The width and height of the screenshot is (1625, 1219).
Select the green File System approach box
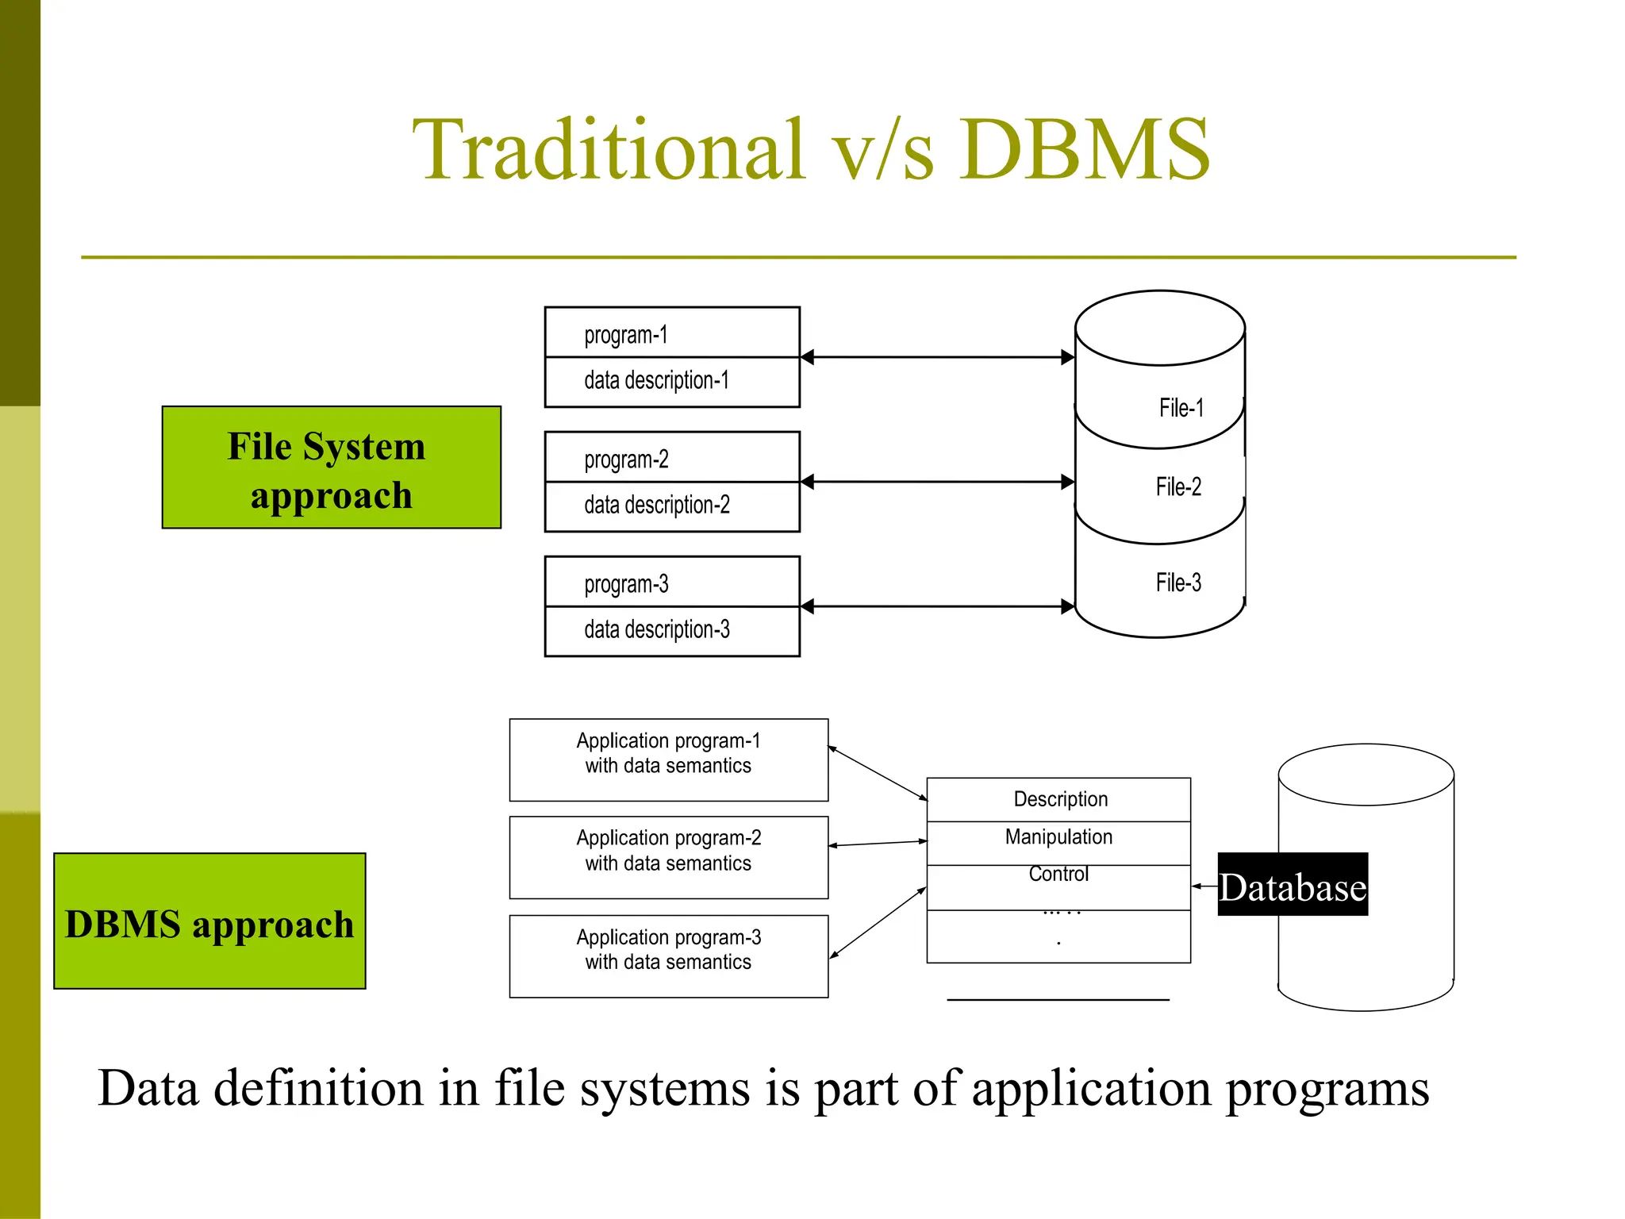click(x=331, y=467)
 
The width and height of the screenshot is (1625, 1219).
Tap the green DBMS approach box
click(x=209, y=921)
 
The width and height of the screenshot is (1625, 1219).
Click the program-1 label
click(x=625, y=334)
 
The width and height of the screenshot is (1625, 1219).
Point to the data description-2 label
click(x=656, y=505)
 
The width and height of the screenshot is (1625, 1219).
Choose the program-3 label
click(x=626, y=584)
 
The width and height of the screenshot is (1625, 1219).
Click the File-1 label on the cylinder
click(x=1181, y=408)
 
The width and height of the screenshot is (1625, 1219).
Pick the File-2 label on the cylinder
click(x=1178, y=486)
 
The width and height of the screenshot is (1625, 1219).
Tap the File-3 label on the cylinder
click(x=1178, y=583)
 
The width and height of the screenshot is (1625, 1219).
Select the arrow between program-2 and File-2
click(x=937, y=482)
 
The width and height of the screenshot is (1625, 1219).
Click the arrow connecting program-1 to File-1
click(x=937, y=357)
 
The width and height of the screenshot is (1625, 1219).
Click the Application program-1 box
click(x=668, y=759)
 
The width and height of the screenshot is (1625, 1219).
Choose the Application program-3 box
click(x=668, y=956)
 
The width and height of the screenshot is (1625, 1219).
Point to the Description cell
click(x=1059, y=799)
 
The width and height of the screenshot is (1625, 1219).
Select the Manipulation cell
click(x=1058, y=837)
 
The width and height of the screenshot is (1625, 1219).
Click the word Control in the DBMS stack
click(x=1058, y=874)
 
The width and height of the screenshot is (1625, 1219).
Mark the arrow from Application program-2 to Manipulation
click(x=878, y=844)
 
